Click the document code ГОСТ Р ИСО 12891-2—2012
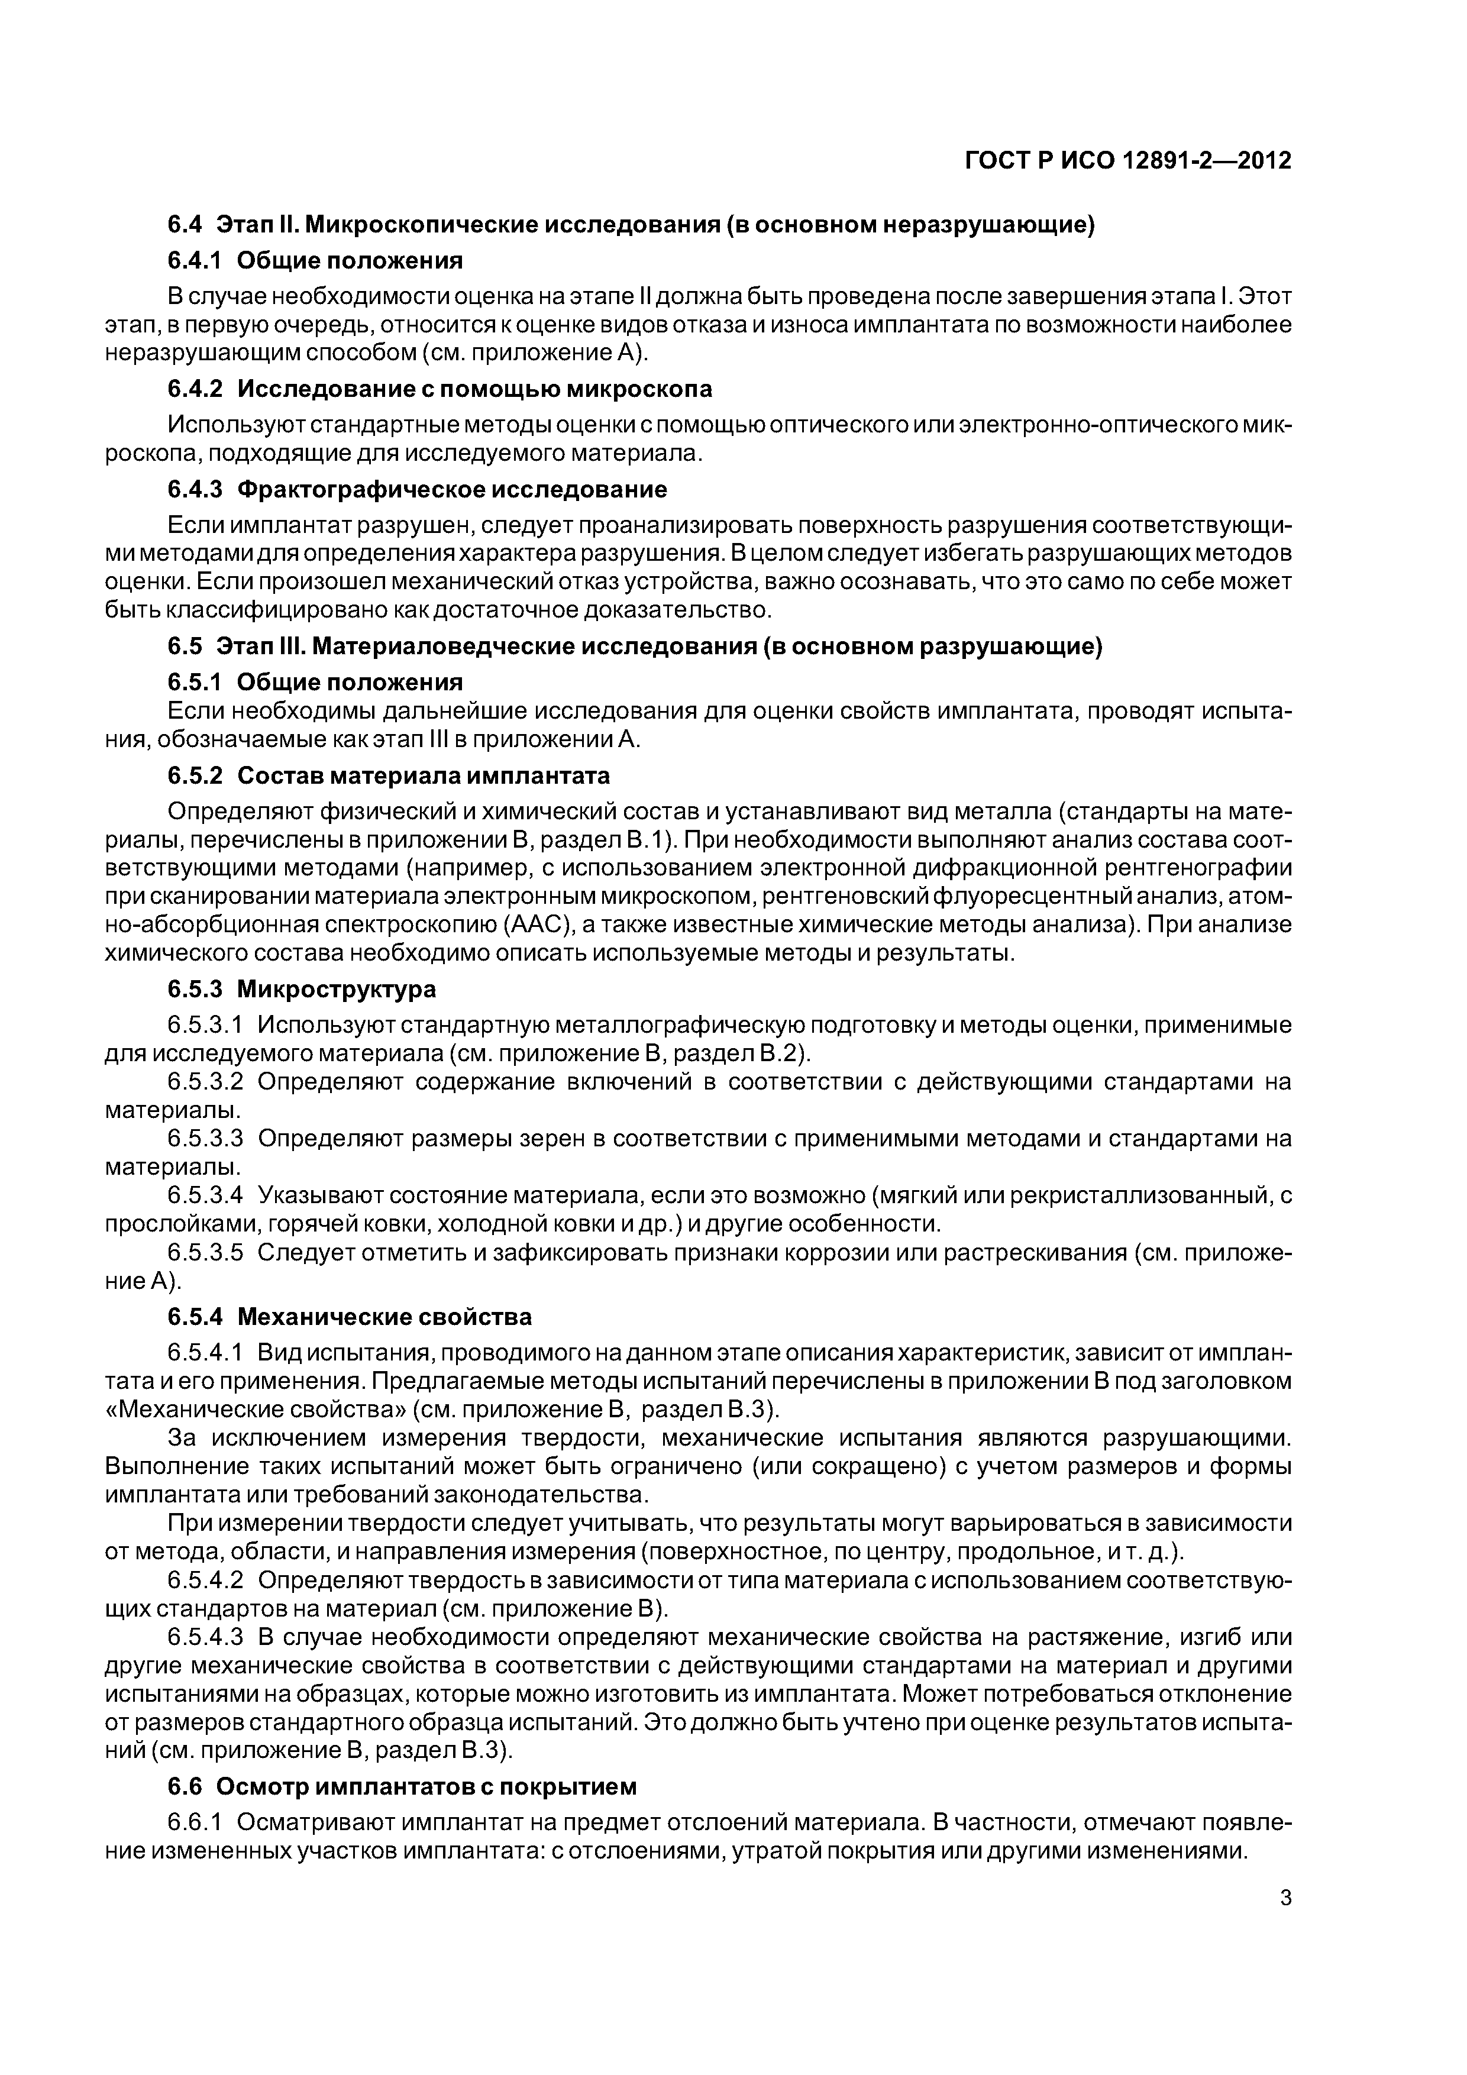tap(1128, 161)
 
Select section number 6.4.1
tap(195, 261)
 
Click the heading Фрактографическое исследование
tap(452, 490)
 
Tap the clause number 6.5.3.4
tap(205, 1195)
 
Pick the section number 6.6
tap(186, 1787)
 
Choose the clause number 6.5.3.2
tap(205, 1082)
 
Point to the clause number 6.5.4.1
tap(205, 1353)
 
